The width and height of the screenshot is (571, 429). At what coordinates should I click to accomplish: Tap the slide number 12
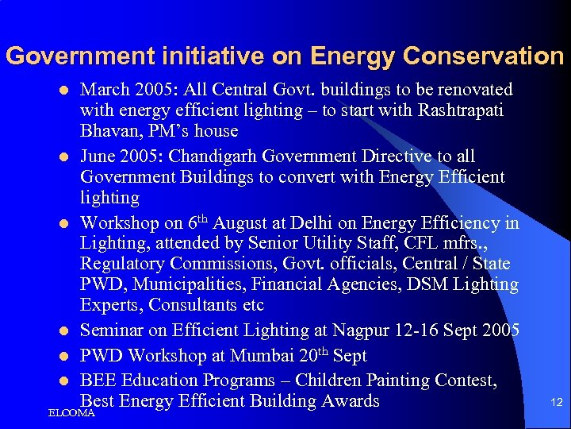556,403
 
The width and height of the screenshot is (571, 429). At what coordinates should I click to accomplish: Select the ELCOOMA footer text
71,413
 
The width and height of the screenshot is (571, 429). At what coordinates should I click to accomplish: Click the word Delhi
301,223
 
